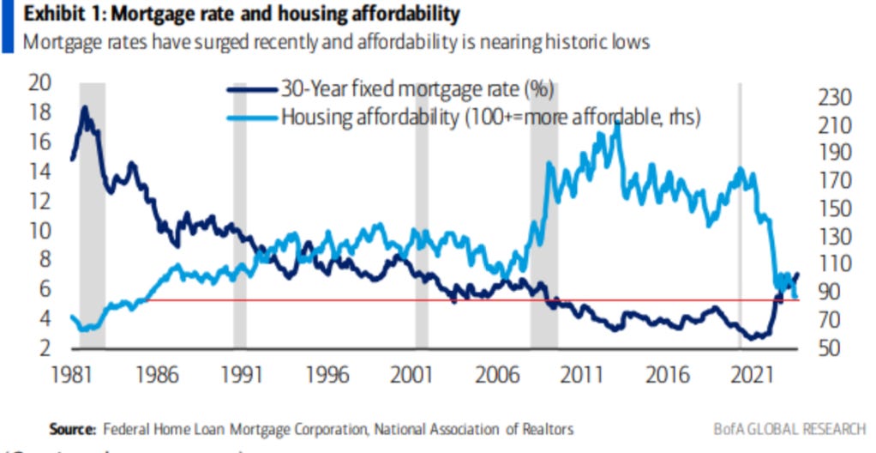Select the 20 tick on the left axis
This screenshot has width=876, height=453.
(x=40, y=84)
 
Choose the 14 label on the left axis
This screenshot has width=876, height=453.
(x=40, y=172)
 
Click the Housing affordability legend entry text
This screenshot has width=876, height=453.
(x=491, y=118)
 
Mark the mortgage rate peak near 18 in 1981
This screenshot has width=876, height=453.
(x=85, y=108)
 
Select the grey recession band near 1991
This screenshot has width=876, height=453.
(x=240, y=214)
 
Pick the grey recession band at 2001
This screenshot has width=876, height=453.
(x=422, y=214)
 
